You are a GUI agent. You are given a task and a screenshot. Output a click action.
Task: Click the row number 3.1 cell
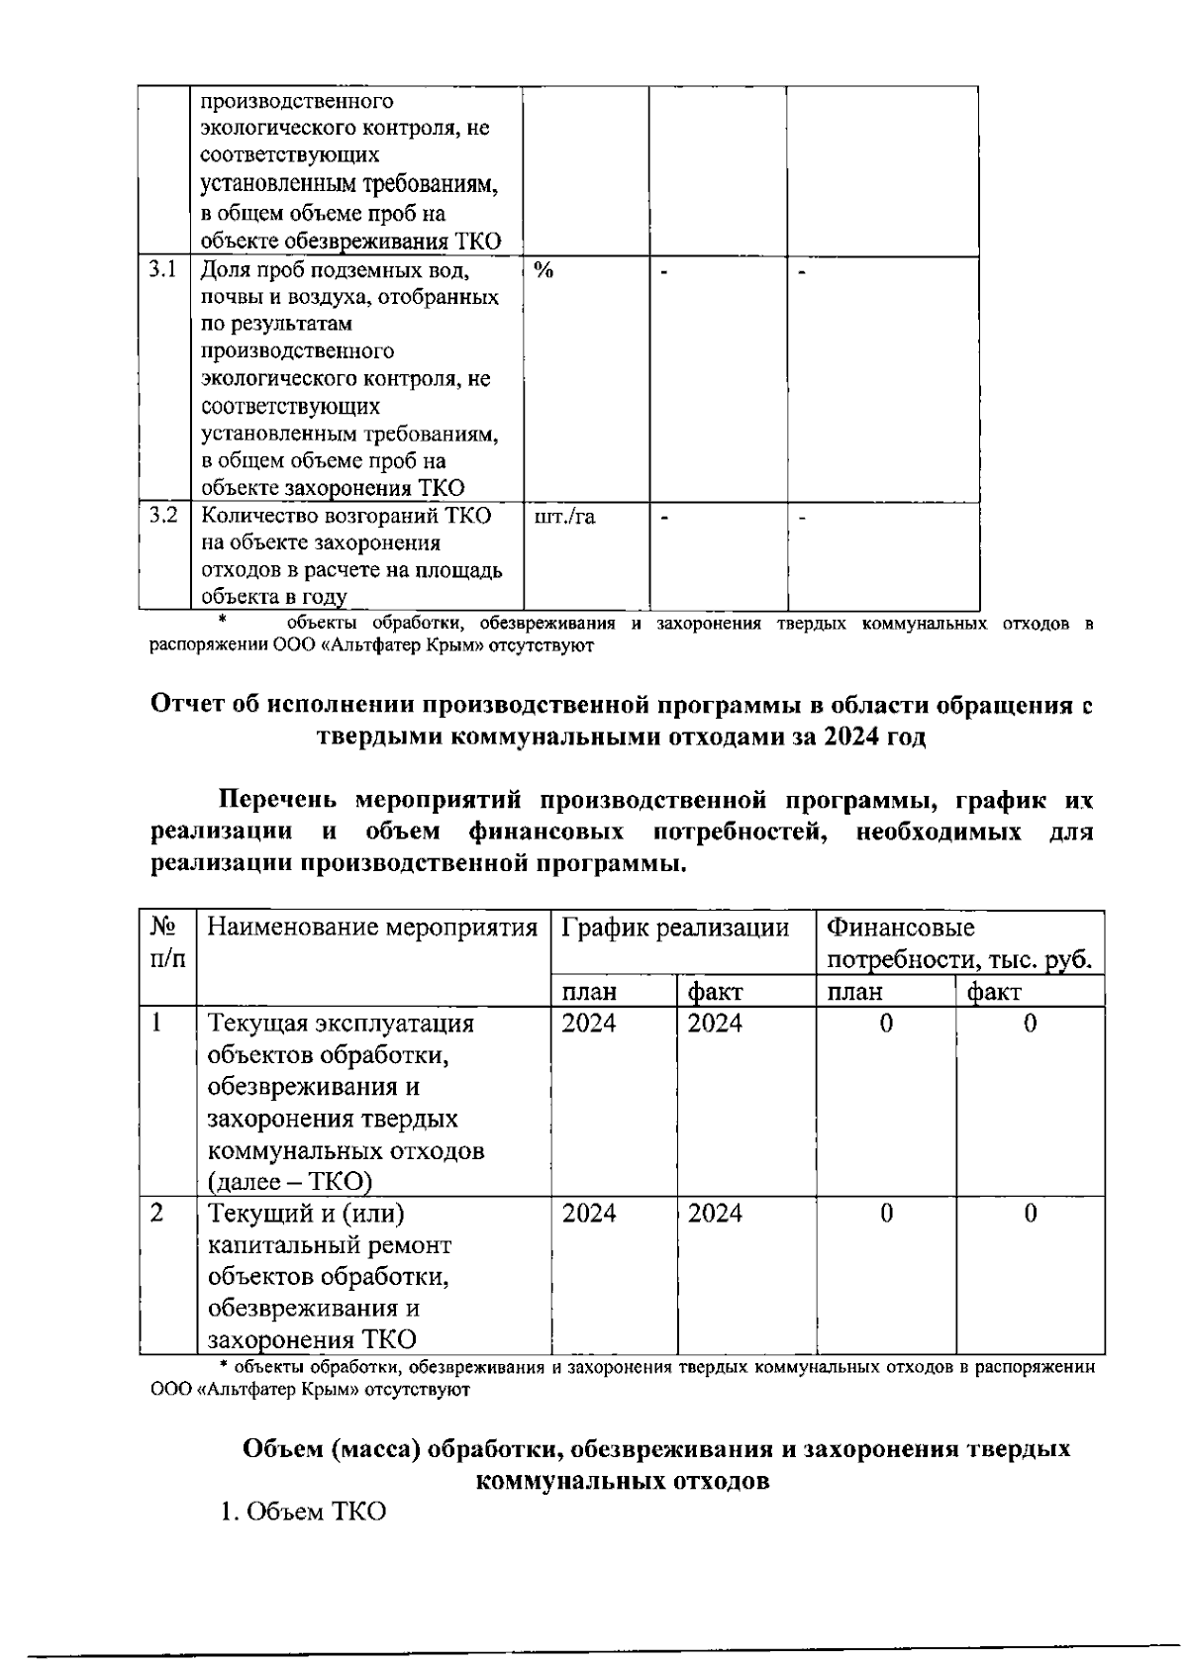tap(162, 269)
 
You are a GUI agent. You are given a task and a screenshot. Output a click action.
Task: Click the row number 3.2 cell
tap(162, 516)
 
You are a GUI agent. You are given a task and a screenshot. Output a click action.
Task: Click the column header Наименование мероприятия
tap(372, 929)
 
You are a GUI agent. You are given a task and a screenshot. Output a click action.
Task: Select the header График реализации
tap(675, 929)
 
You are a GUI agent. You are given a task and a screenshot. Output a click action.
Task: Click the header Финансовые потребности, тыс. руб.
tap(958, 943)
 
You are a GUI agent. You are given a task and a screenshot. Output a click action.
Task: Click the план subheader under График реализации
tap(589, 992)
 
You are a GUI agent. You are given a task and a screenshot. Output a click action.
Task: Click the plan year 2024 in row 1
tap(589, 1024)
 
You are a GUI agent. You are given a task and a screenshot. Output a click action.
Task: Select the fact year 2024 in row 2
tap(715, 1214)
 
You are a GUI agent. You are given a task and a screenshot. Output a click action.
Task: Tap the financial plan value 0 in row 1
tap(886, 1024)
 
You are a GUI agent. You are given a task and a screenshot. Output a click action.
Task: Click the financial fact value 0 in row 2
tap(1030, 1214)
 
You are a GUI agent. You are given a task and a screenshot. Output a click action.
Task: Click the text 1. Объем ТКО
tap(302, 1514)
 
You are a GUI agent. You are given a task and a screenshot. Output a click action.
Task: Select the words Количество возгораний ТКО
tap(346, 516)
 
